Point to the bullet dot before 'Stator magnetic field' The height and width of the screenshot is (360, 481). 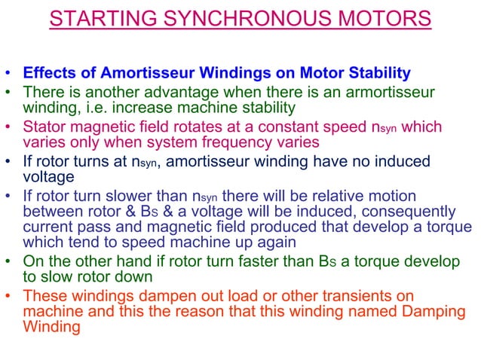9,127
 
